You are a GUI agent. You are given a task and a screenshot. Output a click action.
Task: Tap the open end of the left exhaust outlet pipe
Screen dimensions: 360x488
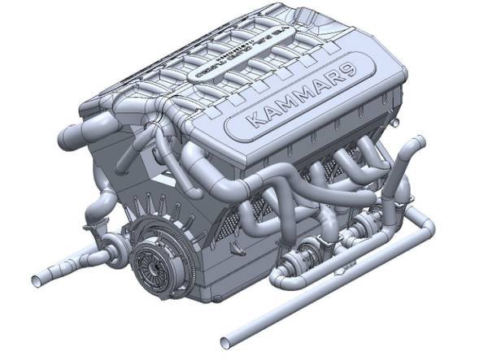(x=37, y=280)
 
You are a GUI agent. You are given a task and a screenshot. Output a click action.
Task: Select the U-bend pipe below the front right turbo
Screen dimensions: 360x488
(x=285, y=280)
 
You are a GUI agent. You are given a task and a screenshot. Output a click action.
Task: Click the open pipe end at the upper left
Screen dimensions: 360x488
(x=63, y=130)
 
